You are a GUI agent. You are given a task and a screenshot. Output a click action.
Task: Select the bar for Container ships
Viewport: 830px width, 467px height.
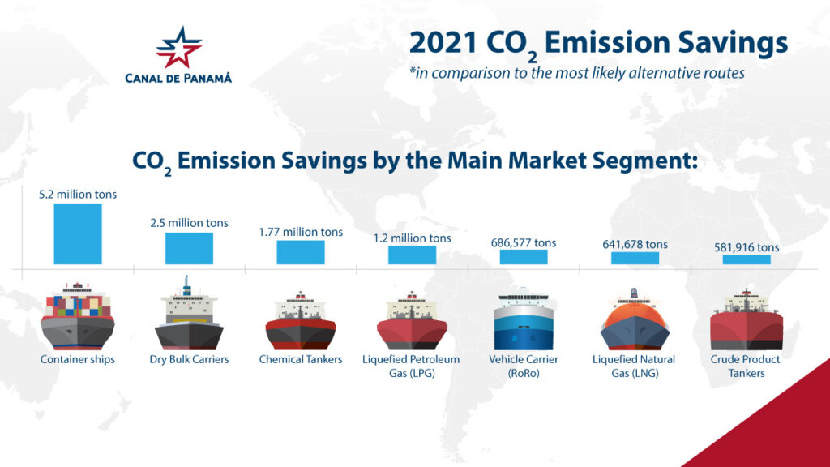[78, 233]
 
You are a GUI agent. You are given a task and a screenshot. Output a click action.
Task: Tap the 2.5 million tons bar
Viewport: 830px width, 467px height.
[189, 248]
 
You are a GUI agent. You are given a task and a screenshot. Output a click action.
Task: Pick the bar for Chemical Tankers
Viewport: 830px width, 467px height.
[301, 252]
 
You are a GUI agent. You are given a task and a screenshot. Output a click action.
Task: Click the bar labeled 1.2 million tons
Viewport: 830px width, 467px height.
[412, 255]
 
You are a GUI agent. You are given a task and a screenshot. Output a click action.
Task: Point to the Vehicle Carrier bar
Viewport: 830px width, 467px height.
[523, 257]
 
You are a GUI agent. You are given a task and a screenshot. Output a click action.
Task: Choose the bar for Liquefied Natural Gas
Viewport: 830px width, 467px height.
[635, 258]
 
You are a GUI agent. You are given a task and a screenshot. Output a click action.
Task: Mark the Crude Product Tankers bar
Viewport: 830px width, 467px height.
[747, 259]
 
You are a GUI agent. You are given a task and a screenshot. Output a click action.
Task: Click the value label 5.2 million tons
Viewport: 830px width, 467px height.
[78, 195]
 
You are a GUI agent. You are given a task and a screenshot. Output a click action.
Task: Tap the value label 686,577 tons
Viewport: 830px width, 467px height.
[524, 242]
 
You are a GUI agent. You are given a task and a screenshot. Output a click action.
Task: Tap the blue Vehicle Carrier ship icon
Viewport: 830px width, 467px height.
[523, 320]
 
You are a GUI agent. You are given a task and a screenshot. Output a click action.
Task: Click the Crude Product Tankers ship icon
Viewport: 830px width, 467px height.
[747, 320]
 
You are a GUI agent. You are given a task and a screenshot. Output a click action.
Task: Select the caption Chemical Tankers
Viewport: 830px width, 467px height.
[301, 359]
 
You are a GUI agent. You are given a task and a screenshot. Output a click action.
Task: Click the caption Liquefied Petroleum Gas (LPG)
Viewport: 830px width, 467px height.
[411, 366]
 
